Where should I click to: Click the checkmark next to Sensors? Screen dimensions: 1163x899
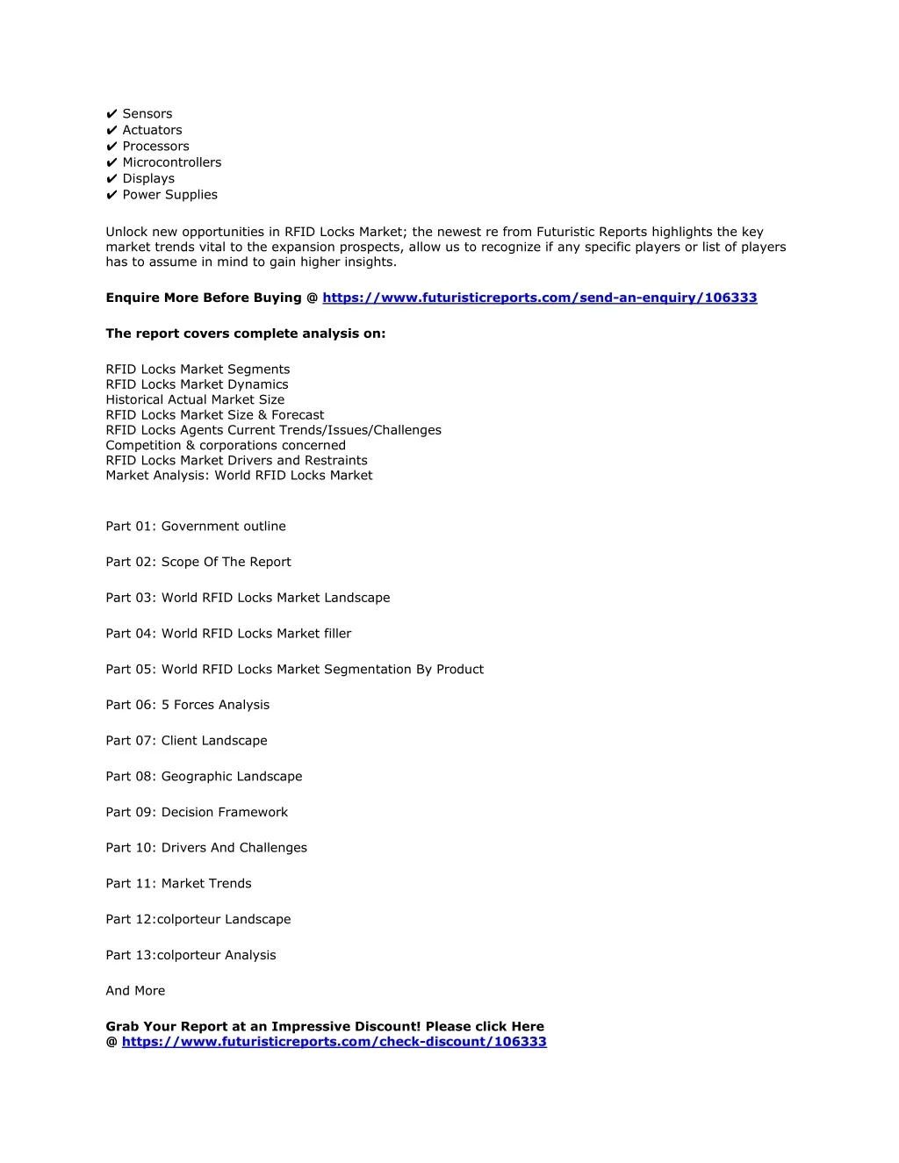(111, 114)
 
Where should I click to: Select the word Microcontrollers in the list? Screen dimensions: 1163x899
(172, 162)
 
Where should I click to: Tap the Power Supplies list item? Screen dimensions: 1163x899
(169, 195)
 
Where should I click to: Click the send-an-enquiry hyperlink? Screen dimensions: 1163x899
(539, 298)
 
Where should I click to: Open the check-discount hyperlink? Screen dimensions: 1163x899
(334, 1042)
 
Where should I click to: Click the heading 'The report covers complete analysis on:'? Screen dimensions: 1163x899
(246, 334)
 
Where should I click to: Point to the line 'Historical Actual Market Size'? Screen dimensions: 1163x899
(195, 399)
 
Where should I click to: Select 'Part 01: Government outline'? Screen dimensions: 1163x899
(196, 527)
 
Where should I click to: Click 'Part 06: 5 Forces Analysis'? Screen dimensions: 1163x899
(188, 705)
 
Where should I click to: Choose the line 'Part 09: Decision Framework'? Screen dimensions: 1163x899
(197, 812)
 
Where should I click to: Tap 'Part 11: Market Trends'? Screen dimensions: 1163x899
(178, 884)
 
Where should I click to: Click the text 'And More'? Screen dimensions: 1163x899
(135, 991)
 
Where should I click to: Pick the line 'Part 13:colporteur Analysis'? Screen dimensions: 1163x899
(191, 955)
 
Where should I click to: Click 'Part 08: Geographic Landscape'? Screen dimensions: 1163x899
(204, 777)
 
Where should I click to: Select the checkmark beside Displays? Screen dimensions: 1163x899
(111, 179)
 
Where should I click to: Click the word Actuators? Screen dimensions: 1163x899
(152, 130)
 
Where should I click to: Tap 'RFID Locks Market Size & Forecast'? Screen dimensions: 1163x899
(215, 415)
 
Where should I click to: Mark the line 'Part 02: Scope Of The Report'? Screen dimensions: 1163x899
(198, 562)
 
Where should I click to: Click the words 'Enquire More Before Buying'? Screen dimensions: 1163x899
(204, 298)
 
